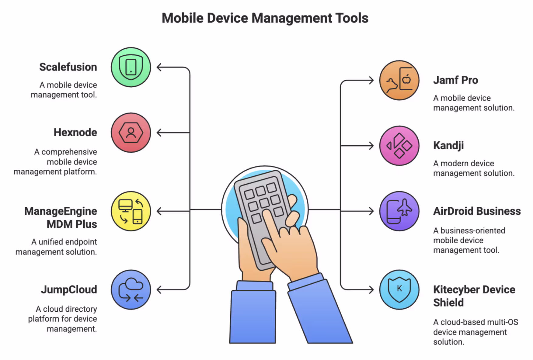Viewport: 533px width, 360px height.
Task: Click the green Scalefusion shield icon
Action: click(131, 67)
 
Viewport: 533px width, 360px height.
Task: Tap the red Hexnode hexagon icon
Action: click(131, 133)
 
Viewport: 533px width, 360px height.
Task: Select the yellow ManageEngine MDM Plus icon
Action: click(131, 211)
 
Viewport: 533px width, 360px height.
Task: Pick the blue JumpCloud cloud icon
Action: click(131, 289)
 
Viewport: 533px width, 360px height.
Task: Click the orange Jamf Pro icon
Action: click(399, 80)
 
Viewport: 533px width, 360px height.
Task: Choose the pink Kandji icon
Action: click(399, 146)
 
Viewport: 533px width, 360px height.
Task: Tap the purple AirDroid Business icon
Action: click(399, 211)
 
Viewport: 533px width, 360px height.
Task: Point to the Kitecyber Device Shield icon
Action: click(399, 289)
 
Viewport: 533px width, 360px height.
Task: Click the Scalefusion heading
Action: click(68, 67)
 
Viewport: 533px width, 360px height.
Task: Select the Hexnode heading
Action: click(75, 133)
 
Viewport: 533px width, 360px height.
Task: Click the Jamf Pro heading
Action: click(455, 80)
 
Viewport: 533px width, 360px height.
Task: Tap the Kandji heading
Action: click(448, 146)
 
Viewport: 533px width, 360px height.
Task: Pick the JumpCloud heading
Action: click(69, 289)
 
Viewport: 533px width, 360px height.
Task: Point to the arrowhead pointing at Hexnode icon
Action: click(159, 133)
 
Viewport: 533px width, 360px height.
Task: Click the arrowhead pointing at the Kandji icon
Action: click(371, 146)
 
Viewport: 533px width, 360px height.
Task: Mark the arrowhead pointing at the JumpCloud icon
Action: click(159, 289)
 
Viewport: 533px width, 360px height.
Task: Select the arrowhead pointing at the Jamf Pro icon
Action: click(371, 80)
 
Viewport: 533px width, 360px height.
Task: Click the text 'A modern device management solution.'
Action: click(473, 168)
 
